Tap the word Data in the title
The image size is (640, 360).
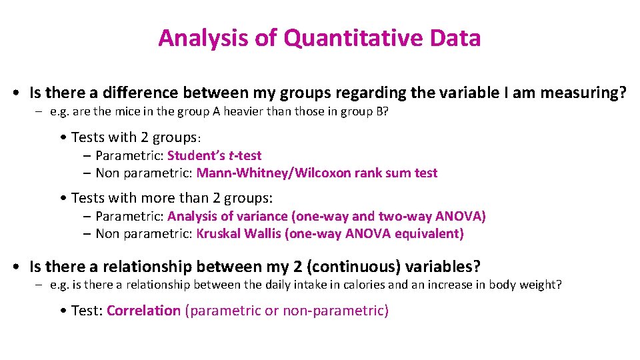(x=455, y=38)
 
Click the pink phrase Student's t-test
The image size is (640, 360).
(x=214, y=155)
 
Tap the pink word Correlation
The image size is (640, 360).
(x=143, y=311)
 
